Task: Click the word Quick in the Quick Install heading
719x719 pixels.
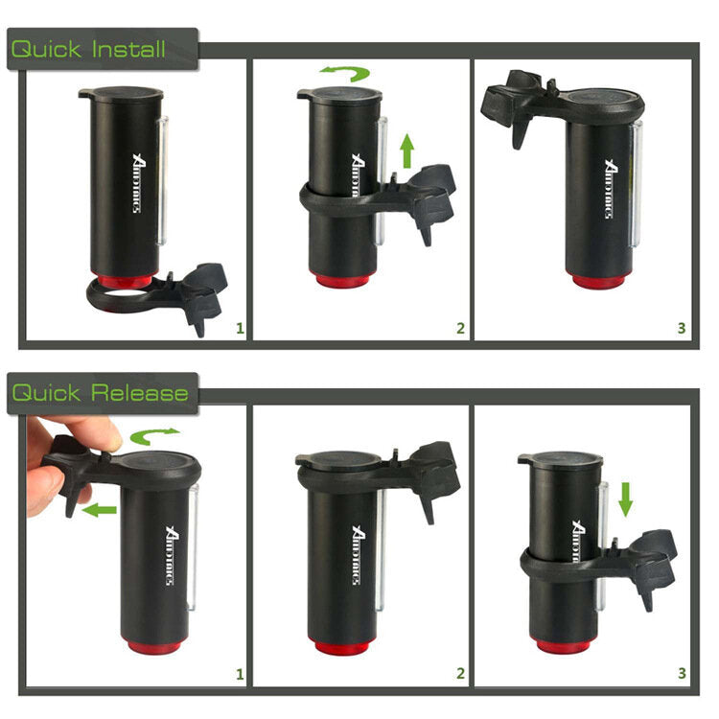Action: coord(46,49)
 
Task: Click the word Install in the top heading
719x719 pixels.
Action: coord(128,49)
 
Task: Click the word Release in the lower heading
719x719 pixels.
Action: coord(140,392)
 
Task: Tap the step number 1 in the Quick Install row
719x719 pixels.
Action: coord(240,328)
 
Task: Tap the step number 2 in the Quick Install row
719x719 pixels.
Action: coord(460,328)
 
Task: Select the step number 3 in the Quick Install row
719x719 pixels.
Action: coord(682,328)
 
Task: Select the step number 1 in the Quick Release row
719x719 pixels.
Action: coord(240,674)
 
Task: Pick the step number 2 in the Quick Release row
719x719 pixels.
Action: coord(460,674)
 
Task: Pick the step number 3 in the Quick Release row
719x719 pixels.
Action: coord(682,674)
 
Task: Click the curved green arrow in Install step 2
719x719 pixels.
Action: coord(344,74)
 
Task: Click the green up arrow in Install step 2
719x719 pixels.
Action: coord(407,151)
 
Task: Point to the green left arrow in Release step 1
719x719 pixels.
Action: coord(99,510)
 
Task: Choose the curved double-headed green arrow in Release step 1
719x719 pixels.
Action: coord(154,438)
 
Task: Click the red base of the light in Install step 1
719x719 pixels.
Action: coord(124,281)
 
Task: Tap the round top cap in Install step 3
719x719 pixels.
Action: coord(601,98)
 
